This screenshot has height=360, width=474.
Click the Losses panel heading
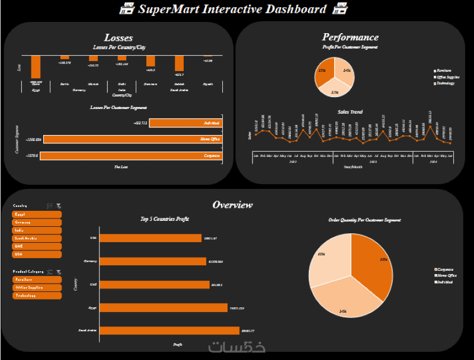click(x=118, y=38)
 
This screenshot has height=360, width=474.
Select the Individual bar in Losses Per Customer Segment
click(x=185, y=123)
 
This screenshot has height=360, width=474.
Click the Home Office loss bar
click(x=132, y=139)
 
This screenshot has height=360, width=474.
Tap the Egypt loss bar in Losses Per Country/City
click(x=36, y=66)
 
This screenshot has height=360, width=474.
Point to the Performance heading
click(x=350, y=37)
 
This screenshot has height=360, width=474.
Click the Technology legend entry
click(x=446, y=83)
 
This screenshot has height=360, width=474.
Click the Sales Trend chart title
click(x=350, y=112)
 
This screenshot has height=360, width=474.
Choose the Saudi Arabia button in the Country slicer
click(x=36, y=238)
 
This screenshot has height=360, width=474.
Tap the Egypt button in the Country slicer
click(x=36, y=214)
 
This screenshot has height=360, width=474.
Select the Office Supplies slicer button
click(x=36, y=287)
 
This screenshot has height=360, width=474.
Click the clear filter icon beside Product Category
click(x=59, y=272)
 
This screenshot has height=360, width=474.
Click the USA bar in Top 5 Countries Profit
click(x=150, y=238)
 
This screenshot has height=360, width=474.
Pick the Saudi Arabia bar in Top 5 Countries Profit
click(x=169, y=330)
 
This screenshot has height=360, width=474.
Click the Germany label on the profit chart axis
click(x=90, y=261)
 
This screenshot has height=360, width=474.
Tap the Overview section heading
click(x=232, y=205)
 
